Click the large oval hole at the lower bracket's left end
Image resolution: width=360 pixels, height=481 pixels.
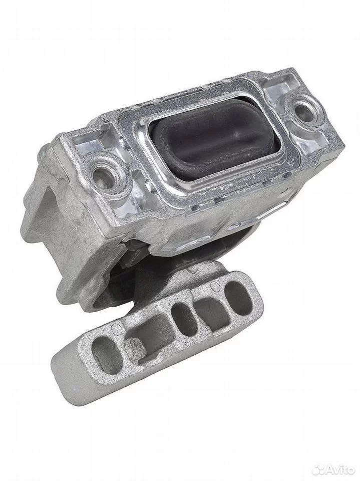[106, 349]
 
